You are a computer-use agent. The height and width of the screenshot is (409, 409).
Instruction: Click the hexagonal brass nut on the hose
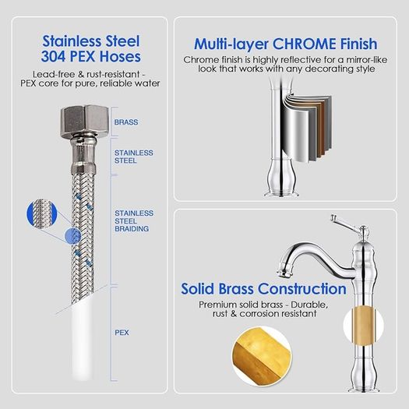click(84, 121)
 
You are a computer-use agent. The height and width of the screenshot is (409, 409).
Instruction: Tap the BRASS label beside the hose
click(126, 122)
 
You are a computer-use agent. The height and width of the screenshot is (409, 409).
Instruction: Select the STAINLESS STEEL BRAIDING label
click(134, 221)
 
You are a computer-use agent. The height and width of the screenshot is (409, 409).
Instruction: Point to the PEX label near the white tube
click(122, 333)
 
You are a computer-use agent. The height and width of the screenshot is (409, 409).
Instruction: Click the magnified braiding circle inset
click(42, 214)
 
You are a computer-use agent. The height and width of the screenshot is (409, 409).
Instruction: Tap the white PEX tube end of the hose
click(83, 339)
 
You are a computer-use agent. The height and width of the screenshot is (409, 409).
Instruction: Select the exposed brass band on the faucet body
click(363, 326)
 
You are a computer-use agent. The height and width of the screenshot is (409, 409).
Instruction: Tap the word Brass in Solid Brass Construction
click(236, 289)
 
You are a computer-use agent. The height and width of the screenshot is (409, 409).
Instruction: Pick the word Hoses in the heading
click(120, 56)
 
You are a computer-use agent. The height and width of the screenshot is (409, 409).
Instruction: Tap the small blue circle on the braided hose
click(72, 236)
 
